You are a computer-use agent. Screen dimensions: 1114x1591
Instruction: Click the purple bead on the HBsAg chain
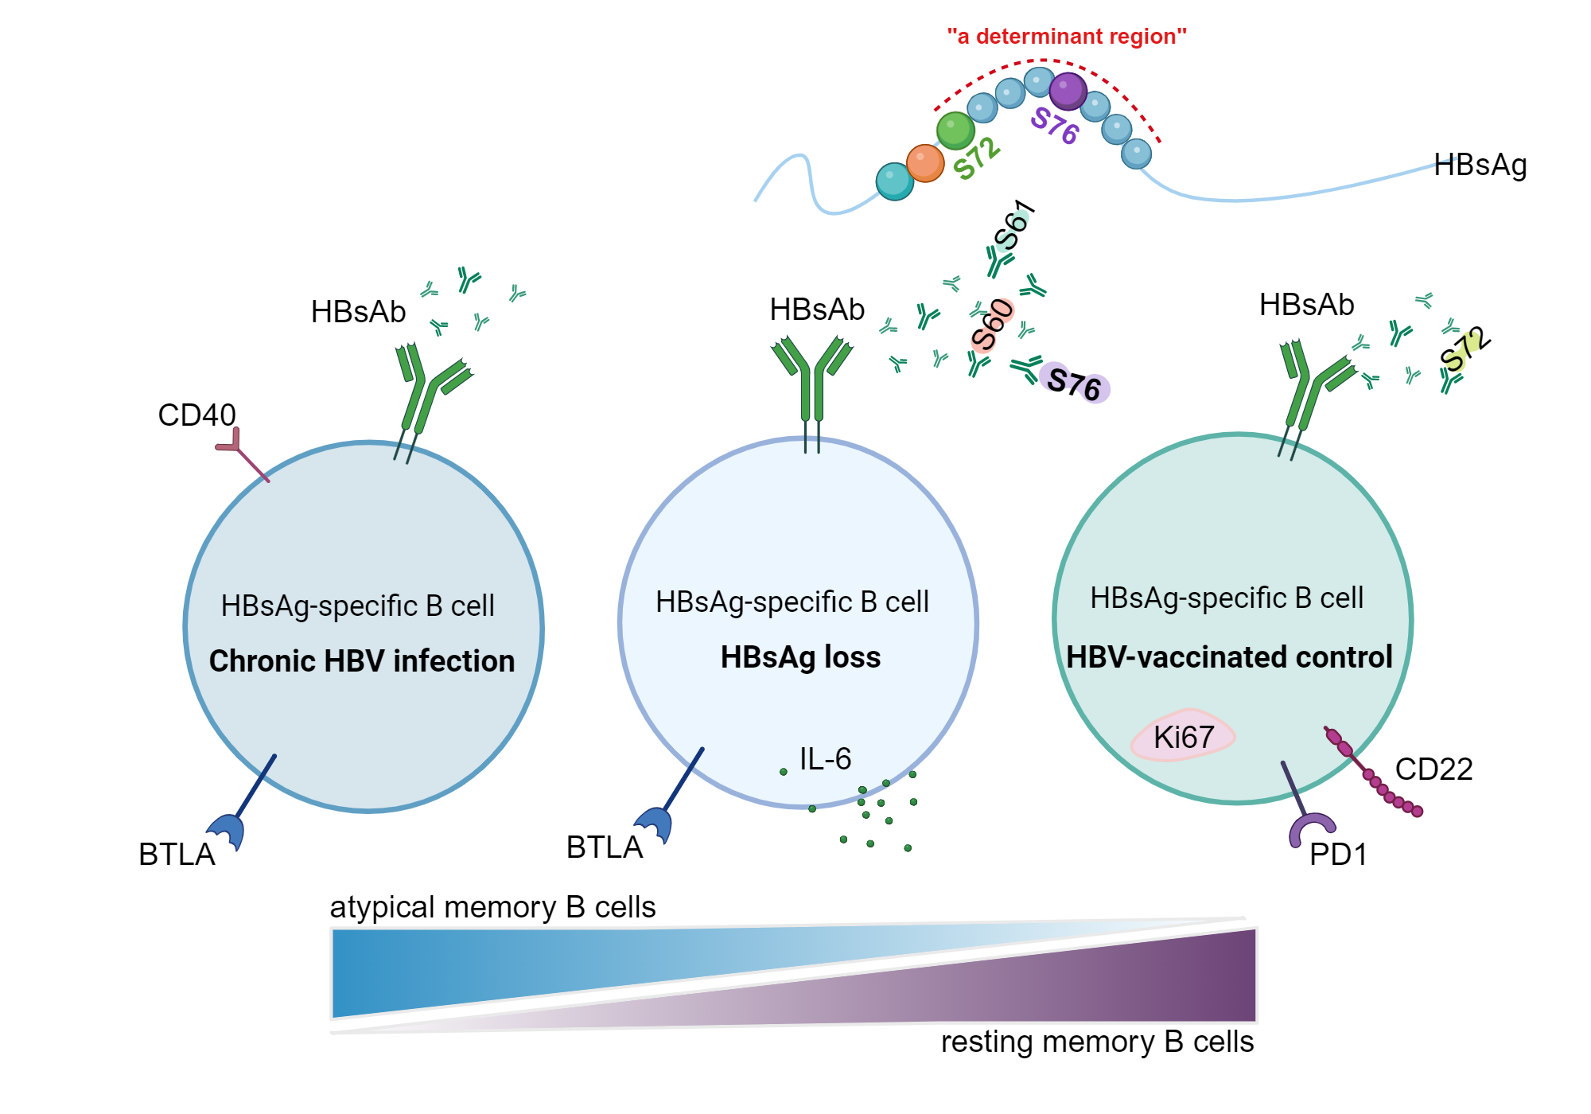[1068, 91]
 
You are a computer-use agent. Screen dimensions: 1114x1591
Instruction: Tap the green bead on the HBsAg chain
[955, 130]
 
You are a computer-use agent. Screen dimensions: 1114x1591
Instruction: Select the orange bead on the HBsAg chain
[924, 163]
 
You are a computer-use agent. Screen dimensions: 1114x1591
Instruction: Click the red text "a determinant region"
[1066, 37]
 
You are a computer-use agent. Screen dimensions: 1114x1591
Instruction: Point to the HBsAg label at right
[1480, 166]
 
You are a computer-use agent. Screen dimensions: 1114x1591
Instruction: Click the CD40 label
[196, 415]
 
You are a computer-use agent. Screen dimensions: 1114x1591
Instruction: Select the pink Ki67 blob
[1183, 736]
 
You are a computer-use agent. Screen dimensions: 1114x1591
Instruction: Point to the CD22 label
[1433, 769]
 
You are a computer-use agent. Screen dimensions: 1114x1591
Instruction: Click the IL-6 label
[825, 759]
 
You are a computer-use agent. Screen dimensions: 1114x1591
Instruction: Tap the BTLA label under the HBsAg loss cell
[604, 847]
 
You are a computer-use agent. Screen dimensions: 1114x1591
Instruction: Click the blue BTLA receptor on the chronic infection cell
[227, 831]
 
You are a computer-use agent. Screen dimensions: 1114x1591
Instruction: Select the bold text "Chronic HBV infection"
[362, 661]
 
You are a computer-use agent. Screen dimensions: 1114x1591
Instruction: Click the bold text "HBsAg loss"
[800, 657]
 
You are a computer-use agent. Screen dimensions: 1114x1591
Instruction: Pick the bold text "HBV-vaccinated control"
[1229, 657]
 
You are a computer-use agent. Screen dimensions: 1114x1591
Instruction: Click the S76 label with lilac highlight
[1074, 385]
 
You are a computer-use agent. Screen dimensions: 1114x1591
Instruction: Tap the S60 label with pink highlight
[992, 325]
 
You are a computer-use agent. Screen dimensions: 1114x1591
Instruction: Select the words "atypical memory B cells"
[492, 907]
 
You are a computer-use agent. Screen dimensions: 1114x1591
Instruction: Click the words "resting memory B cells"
[1097, 1042]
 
